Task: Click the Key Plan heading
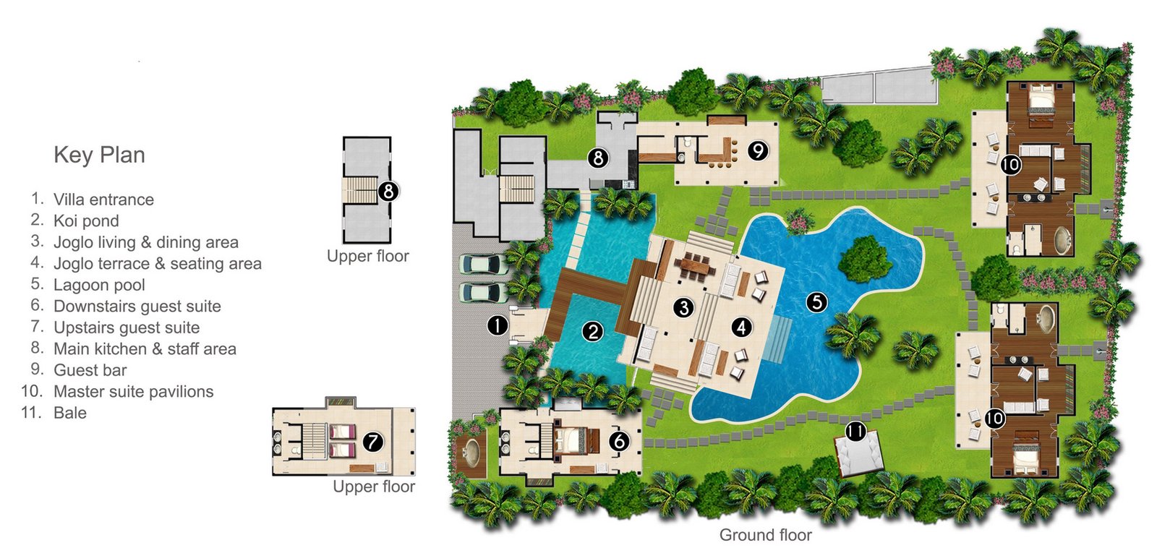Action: click(99, 155)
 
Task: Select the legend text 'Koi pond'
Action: click(86, 221)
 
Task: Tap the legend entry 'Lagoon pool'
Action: click(99, 285)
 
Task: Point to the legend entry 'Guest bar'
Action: click(90, 370)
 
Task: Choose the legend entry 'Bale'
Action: click(69, 413)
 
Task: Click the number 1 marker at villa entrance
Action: click(498, 325)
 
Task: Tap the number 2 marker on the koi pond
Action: click(592, 331)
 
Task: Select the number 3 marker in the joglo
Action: click(683, 308)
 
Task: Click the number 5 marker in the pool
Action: click(816, 301)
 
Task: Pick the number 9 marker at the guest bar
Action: click(758, 150)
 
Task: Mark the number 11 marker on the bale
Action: click(855, 431)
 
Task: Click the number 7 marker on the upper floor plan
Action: click(372, 442)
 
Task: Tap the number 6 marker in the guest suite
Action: click(619, 440)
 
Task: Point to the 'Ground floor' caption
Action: click(766, 534)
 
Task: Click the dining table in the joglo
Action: click(694, 265)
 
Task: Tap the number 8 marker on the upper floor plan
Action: click(388, 191)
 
